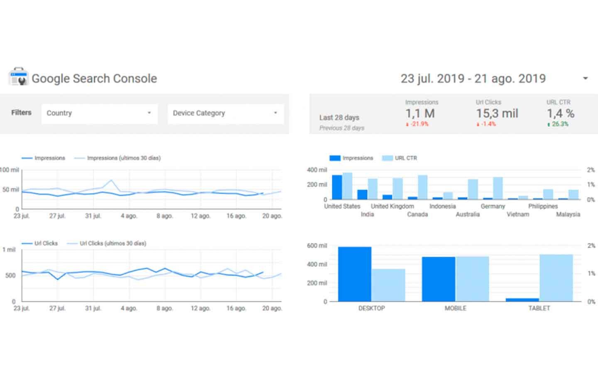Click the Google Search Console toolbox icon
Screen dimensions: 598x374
18,77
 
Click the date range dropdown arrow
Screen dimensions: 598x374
585,78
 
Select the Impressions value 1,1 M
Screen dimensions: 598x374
420,113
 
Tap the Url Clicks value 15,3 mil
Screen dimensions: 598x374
497,113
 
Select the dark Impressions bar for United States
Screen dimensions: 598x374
337,187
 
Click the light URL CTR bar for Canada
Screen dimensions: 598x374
423,187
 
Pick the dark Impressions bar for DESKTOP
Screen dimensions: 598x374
355,274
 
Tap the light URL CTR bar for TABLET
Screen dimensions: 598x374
556,278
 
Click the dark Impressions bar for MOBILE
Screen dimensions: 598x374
439,279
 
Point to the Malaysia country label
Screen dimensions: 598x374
568,214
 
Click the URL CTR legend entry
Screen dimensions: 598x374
399,158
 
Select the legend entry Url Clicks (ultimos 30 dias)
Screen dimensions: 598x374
106,244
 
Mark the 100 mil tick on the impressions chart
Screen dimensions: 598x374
10,170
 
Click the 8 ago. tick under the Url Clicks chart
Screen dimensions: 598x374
165,308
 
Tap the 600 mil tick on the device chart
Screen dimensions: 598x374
317,246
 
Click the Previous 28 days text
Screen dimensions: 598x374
342,128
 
